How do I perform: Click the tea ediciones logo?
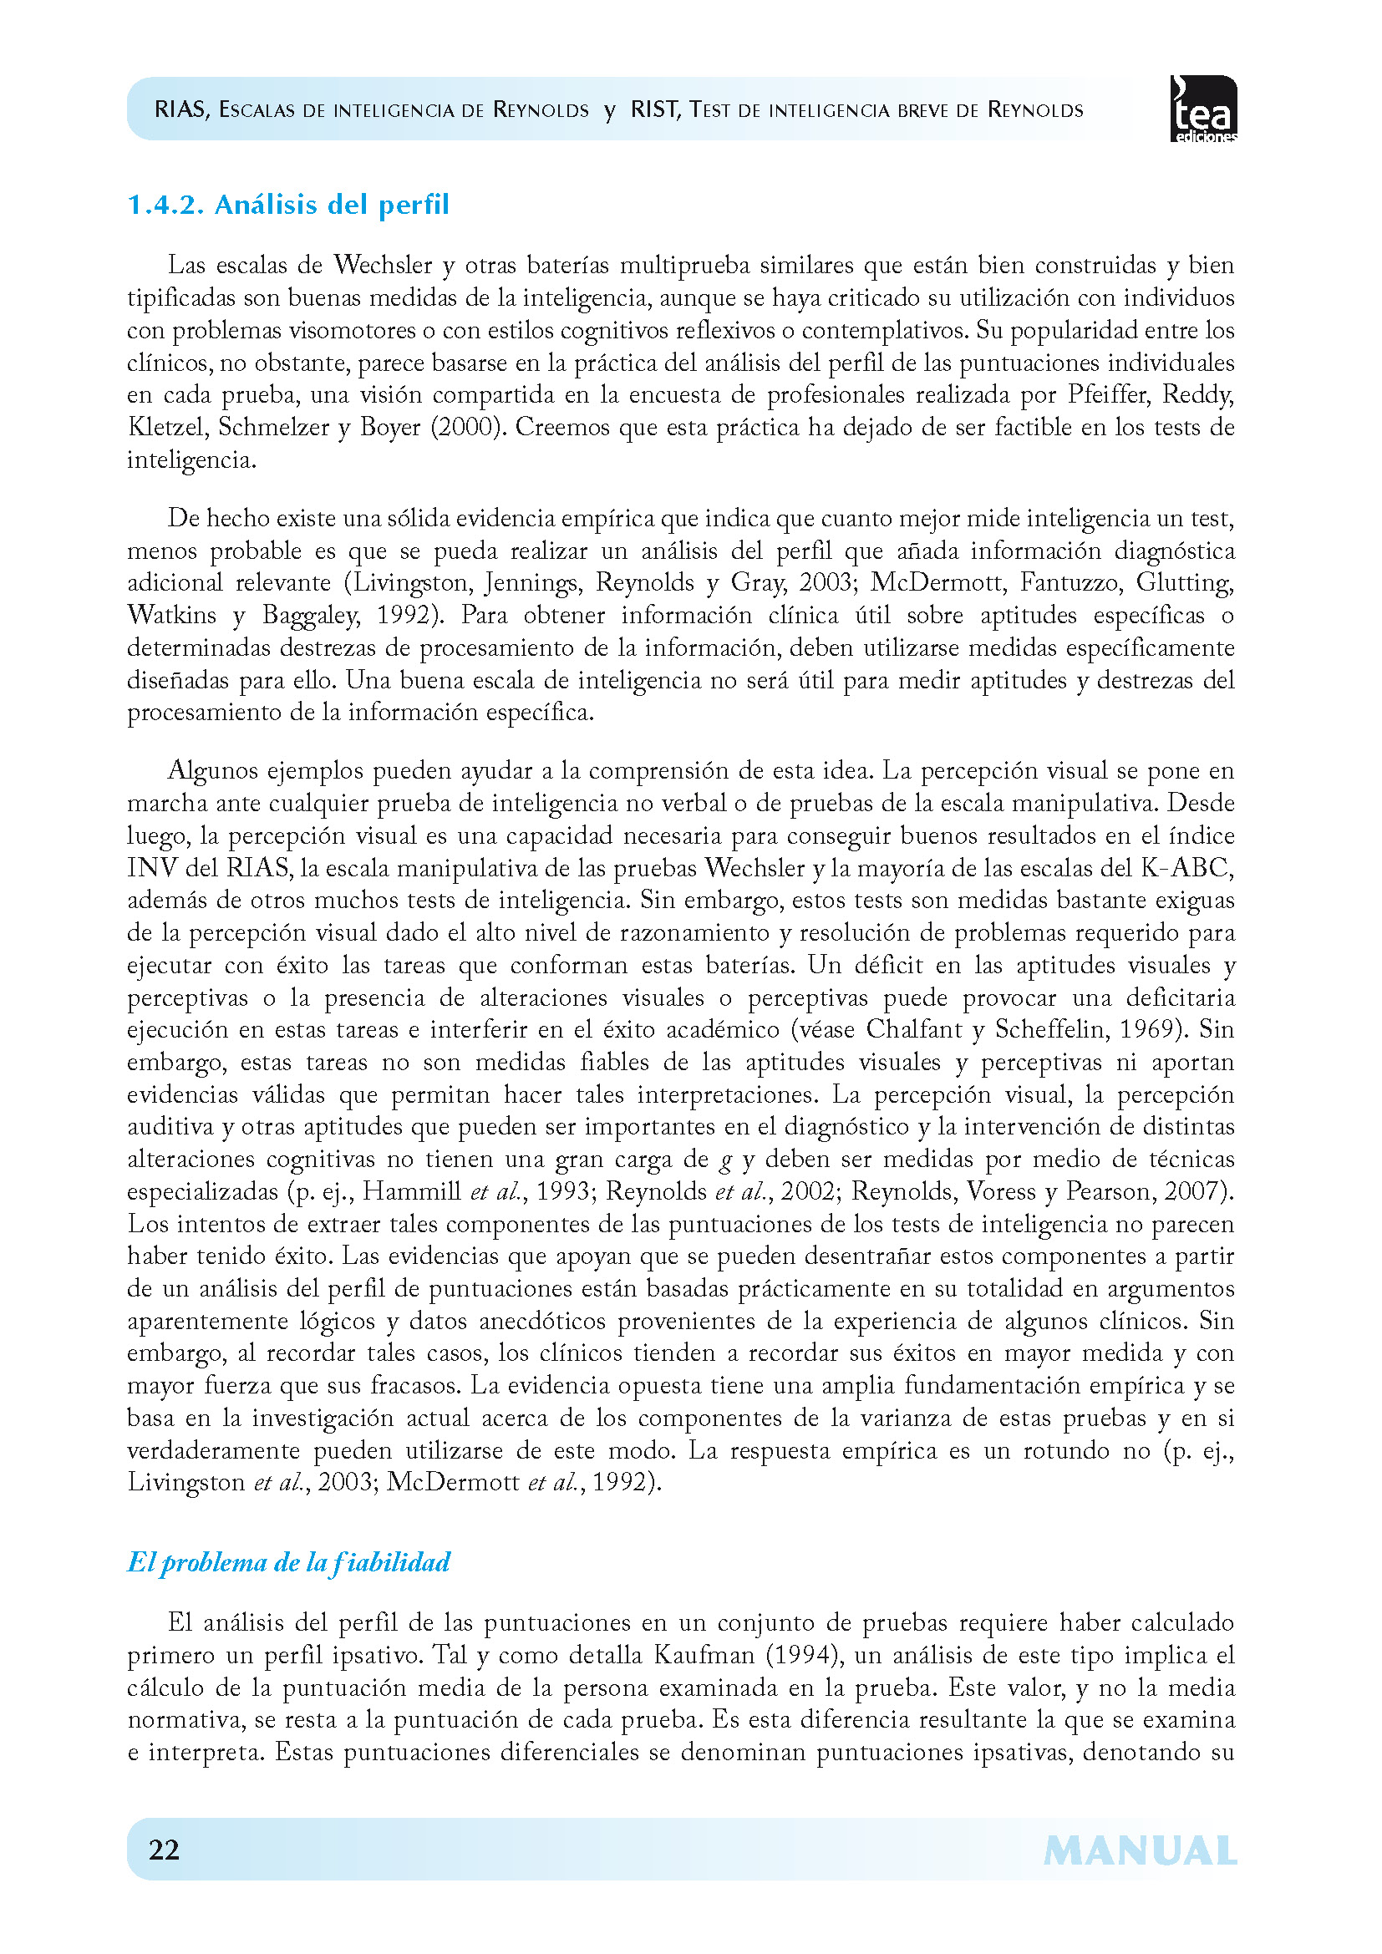tap(1203, 109)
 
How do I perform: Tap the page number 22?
tap(164, 1850)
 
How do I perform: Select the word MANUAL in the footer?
tap(1140, 1851)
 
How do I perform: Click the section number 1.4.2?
tap(165, 206)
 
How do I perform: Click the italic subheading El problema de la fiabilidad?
tap(288, 1561)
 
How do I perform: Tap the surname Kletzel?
tap(166, 427)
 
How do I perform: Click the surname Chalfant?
tap(914, 1030)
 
